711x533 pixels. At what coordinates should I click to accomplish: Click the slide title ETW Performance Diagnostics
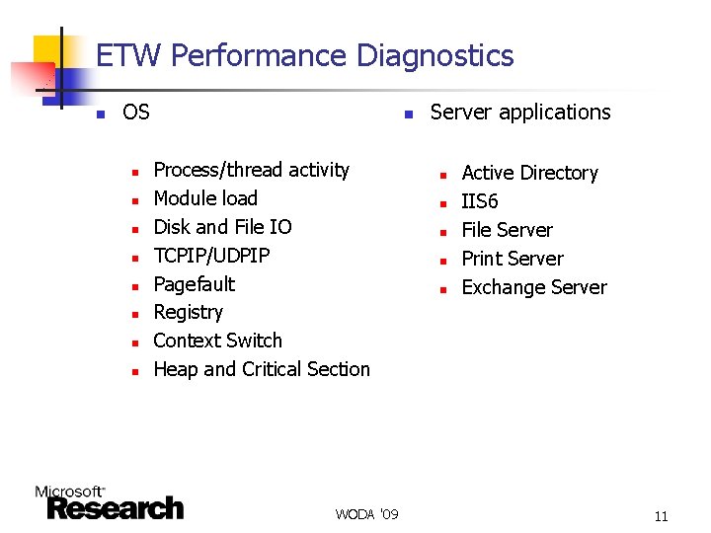305,55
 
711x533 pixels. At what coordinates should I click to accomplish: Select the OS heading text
136,113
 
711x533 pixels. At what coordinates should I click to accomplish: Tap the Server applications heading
520,113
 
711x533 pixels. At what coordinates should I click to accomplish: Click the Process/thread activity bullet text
252,170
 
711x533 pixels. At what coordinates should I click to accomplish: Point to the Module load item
205,198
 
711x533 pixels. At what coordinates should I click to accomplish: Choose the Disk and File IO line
223,227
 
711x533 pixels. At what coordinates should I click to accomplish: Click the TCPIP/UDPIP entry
212,256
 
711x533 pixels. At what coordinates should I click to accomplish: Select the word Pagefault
195,284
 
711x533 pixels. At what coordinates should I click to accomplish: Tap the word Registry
189,313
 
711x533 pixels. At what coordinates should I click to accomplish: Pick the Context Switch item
218,341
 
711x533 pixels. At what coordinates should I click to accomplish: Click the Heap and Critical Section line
262,369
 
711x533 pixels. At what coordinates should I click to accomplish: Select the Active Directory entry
530,173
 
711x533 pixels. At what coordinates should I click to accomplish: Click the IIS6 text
480,201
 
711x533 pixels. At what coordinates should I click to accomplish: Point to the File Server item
508,230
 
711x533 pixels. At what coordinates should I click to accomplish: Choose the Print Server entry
513,259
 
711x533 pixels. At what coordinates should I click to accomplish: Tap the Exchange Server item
534,287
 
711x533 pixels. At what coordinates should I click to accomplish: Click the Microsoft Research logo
110,502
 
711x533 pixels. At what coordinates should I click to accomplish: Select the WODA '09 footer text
366,514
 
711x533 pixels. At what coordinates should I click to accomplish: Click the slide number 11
661,515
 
